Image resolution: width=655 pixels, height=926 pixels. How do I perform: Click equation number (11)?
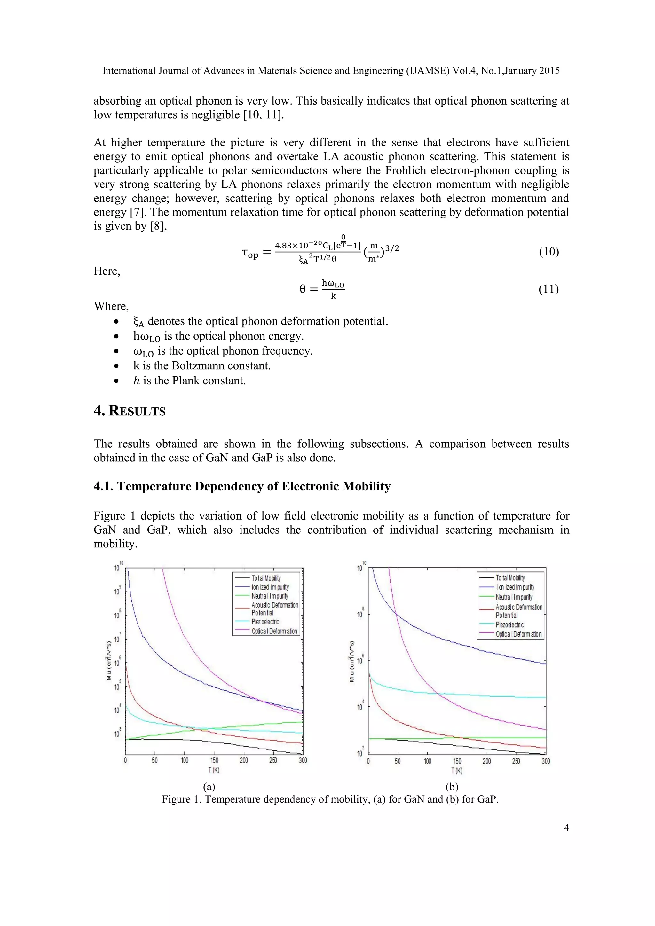click(548, 289)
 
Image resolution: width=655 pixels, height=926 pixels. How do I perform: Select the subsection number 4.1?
click(104, 486)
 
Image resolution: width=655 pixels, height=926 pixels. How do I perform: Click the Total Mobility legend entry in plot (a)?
click(266, 578)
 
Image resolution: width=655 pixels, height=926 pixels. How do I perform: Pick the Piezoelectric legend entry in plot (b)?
click(509, 625)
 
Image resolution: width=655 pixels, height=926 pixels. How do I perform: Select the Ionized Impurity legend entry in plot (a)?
click(270, 587)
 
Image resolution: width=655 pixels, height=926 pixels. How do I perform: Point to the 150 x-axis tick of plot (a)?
click(214, 760)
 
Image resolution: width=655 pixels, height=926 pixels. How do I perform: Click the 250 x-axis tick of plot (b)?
click(516, 761)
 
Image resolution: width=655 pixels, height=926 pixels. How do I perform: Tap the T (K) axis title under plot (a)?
click(214, 770)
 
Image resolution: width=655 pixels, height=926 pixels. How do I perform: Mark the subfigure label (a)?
click(209, 787)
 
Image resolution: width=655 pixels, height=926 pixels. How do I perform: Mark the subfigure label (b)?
click(452, 787)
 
